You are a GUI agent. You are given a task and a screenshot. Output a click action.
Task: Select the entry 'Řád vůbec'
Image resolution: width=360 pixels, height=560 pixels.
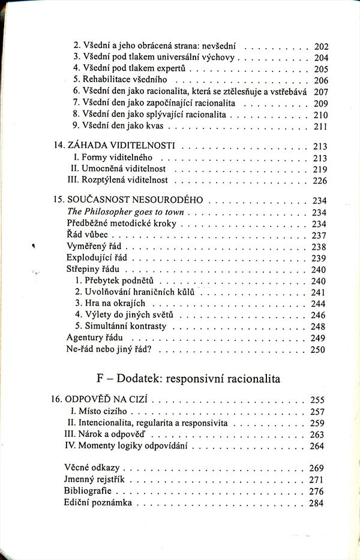click(x=86, y=235)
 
